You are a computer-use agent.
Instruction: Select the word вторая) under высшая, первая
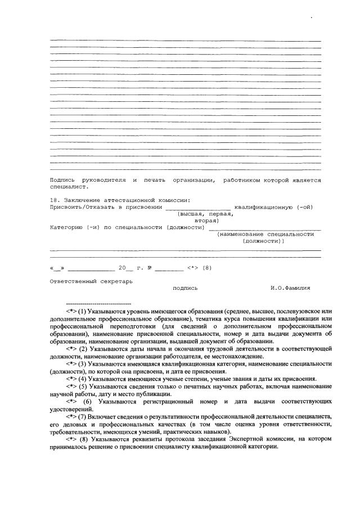206,221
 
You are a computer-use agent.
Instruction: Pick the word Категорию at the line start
66,227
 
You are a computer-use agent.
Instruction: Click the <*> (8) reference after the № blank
200,267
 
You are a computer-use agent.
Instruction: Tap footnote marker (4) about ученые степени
82,379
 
